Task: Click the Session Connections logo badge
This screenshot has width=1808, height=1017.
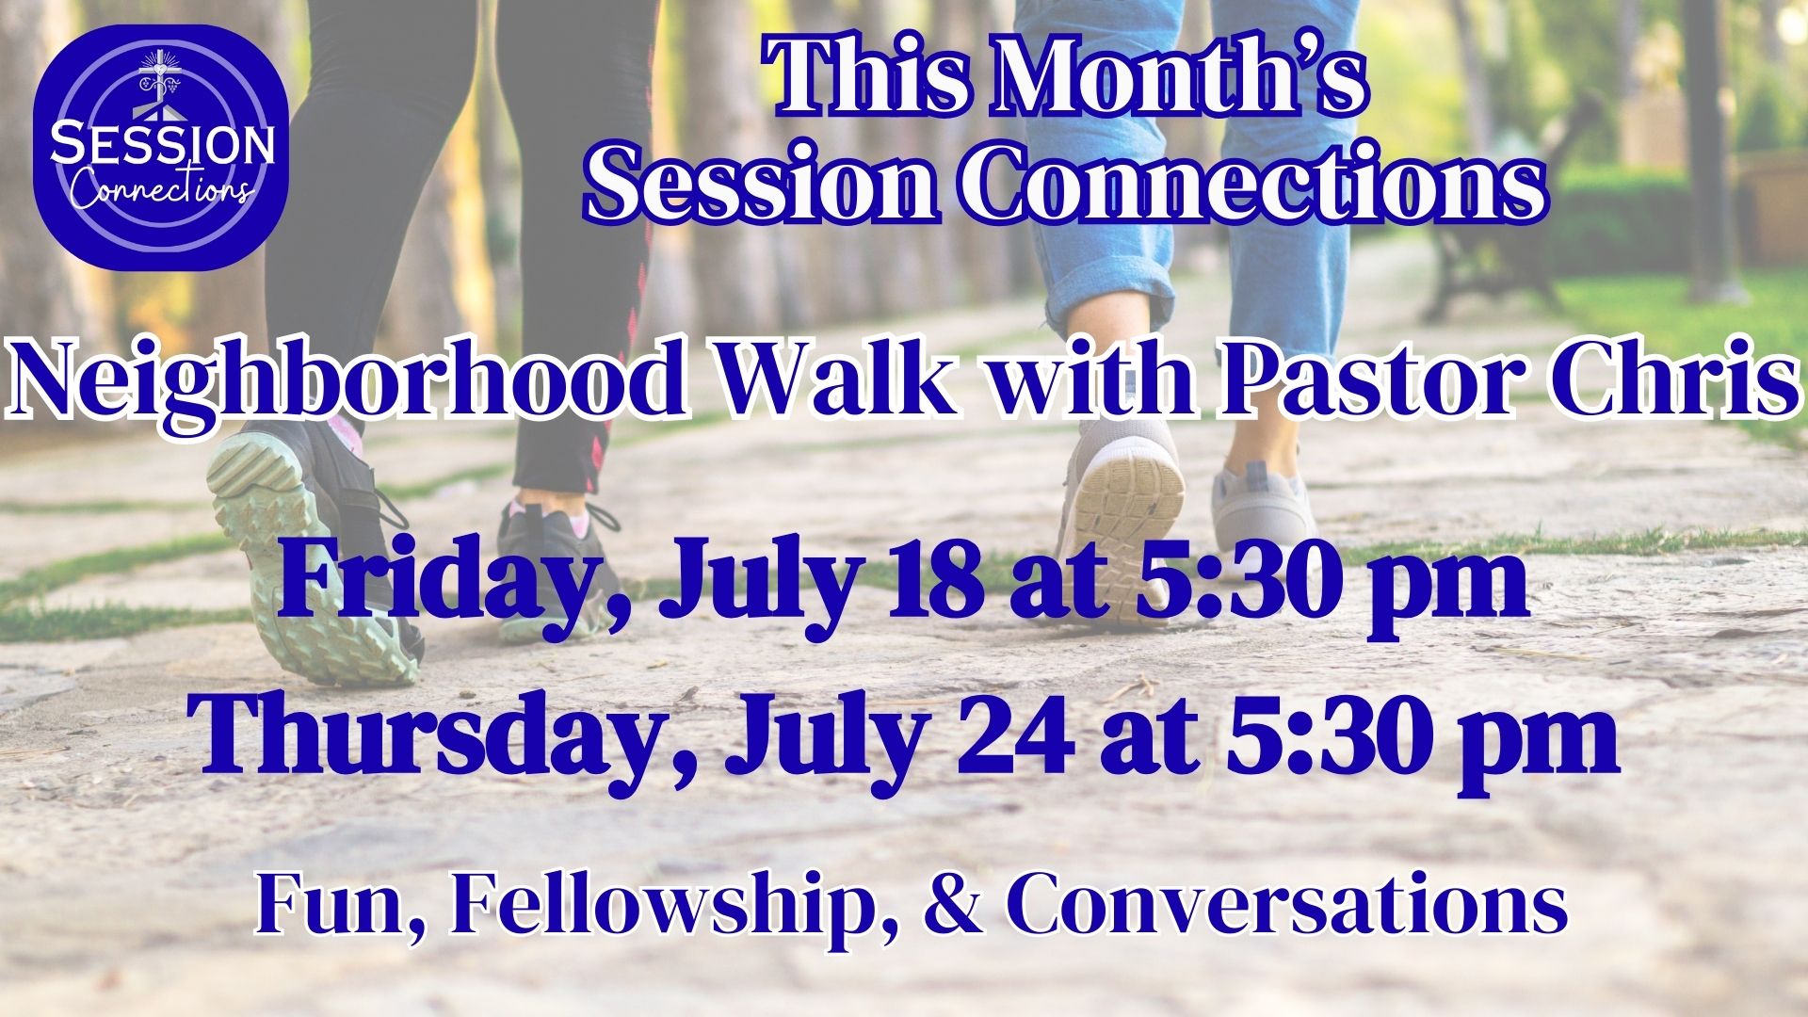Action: tap(160, 147)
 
